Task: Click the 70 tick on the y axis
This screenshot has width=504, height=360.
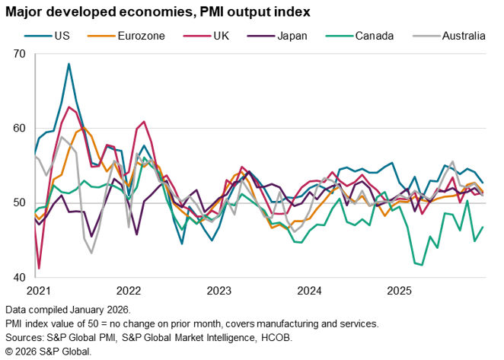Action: tap(19, 54)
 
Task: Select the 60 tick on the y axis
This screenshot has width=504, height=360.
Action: tap(19, 129)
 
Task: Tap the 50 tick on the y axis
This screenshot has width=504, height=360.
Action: tap(19, 203)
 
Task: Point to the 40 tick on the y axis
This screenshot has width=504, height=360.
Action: tap(19, 278)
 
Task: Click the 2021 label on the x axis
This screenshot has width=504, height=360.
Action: tap(37, 291)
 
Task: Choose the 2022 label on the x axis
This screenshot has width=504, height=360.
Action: tap(128, 291)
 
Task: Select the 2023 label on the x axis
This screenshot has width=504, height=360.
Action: tap(219, 291)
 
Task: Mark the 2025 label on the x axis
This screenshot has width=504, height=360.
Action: tap(401, 291)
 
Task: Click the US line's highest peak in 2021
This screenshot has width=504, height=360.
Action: tap(69, 64)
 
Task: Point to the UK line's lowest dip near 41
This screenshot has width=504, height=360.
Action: tap(39, 269)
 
